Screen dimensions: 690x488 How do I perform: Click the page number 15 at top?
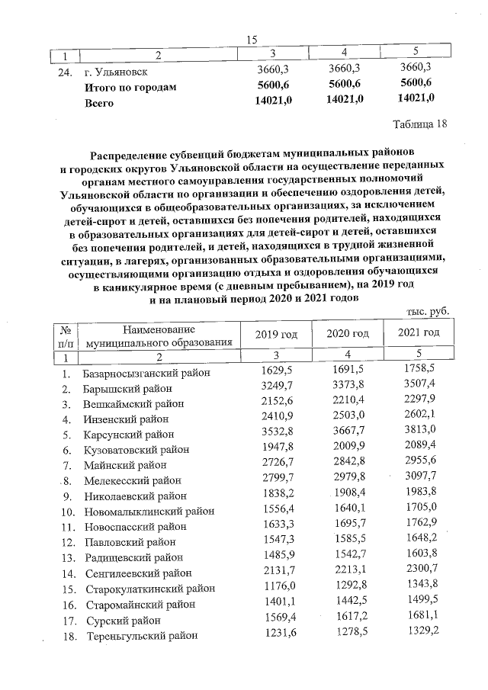252,40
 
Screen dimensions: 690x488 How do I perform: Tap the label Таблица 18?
419,124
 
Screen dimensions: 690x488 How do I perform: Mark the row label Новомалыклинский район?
149,511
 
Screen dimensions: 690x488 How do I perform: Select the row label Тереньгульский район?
140,635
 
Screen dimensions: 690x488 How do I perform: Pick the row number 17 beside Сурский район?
68,620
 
